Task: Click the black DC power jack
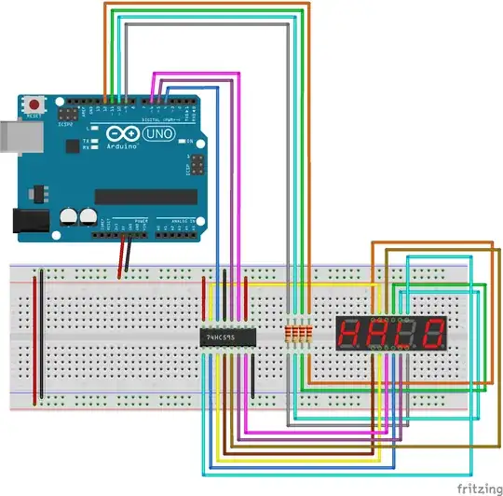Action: point(28,220)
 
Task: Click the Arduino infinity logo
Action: point(125,136)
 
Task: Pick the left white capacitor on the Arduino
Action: point(69,216)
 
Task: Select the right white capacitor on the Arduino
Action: point(88,216)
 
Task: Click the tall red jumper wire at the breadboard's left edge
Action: point(36,336)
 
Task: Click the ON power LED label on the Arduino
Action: point(187,142)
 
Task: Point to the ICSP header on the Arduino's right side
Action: point(196,167)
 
